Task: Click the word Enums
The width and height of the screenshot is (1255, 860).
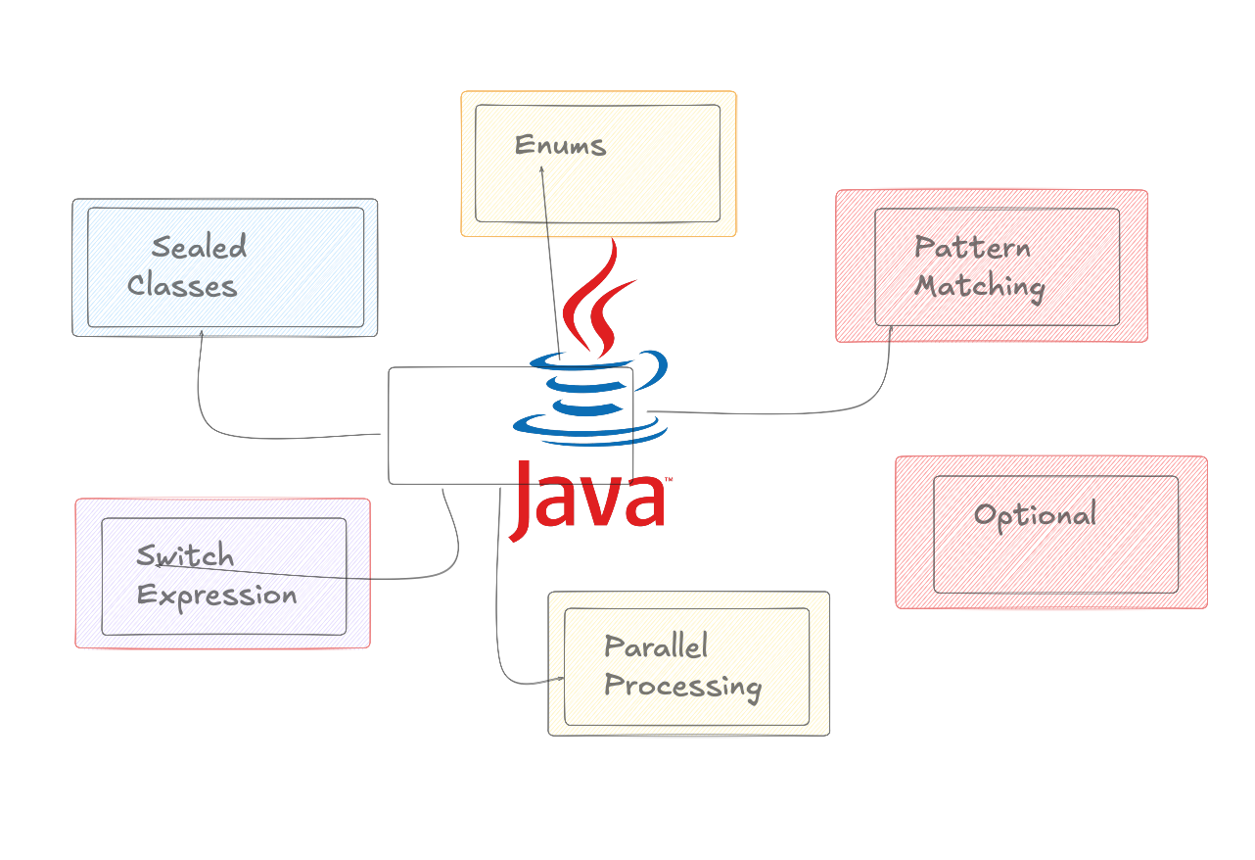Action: coord(560,146)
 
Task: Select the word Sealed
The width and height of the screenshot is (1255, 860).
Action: coord(199,247)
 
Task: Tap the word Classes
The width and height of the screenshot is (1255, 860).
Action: coord(182,286)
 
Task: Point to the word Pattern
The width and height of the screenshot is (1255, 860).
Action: coord(972,247)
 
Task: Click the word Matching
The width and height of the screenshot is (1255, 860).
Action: coord(980,287)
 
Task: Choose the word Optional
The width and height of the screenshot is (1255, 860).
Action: coord(1035,515)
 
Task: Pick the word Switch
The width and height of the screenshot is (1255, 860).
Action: coord(185,556)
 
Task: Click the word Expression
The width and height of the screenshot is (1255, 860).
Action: coord(216,596)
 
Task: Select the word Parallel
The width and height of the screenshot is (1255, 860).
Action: coord(656,646)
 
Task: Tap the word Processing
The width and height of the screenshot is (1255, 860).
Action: coord(682,686)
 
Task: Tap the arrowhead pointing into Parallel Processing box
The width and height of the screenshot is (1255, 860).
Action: coord(561,678)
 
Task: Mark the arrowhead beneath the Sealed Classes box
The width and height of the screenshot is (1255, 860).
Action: coord(201,333)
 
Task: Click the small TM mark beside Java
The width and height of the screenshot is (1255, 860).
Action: coord(669,479)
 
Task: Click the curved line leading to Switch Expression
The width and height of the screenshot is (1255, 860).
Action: coord(455,549)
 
